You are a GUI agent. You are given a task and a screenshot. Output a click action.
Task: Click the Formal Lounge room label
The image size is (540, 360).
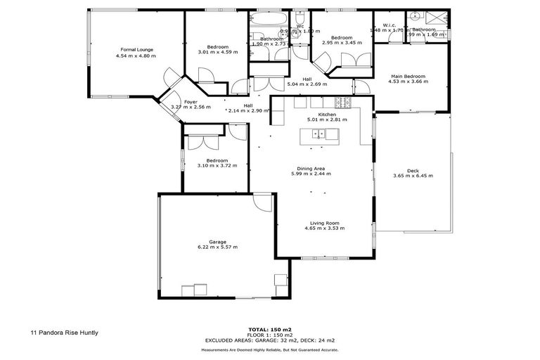136,50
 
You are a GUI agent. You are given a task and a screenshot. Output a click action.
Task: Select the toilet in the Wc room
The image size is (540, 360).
300,18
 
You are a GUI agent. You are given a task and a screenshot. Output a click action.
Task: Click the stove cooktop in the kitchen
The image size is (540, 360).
342,102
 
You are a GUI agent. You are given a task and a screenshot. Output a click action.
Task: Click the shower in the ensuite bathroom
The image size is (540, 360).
439,18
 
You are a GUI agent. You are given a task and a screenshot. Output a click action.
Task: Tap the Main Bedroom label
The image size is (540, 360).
408,76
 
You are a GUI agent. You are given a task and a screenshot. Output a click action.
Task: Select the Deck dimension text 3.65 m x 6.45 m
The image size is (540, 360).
412,176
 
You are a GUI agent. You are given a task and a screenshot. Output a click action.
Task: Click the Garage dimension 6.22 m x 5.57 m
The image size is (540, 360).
217,247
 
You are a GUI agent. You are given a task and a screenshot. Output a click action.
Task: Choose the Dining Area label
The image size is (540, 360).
311,168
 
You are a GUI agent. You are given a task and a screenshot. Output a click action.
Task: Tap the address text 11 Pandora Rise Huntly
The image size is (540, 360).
64,333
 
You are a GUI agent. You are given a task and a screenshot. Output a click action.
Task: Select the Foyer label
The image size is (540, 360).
190,102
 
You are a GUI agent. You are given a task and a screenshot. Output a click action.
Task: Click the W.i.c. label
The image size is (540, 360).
389,25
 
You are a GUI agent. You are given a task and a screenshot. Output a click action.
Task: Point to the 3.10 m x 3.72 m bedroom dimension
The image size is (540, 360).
217,166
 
